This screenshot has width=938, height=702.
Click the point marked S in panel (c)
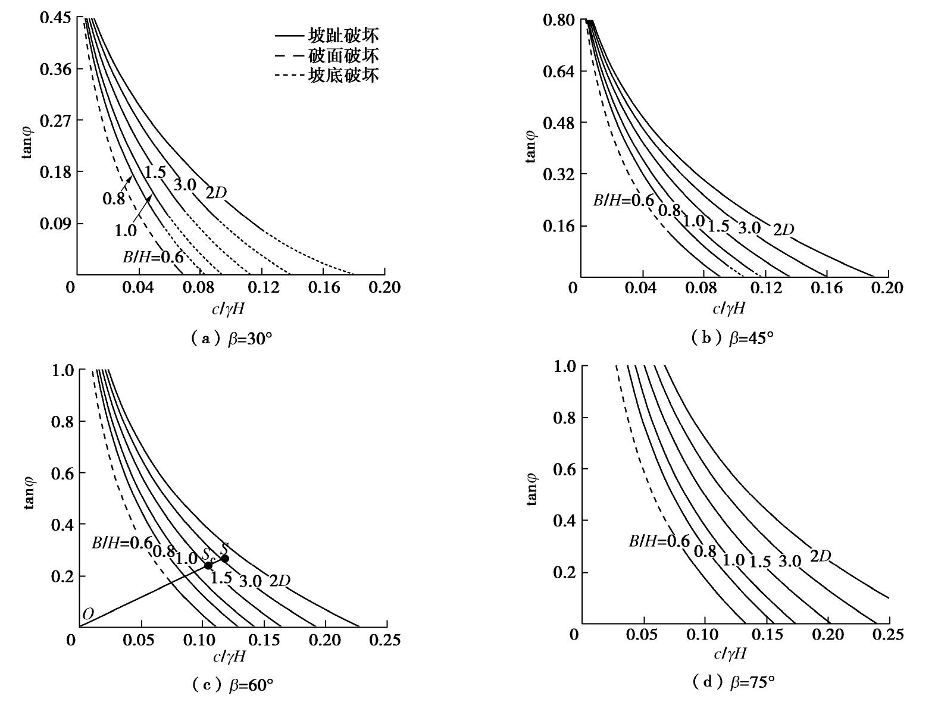tap(224, 558)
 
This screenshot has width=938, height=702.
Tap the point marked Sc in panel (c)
tap(208, 565)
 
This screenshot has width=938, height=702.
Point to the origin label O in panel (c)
tap(87, 614)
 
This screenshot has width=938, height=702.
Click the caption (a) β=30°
tap(232, 339)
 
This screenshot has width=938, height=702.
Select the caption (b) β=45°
tap(733, 338)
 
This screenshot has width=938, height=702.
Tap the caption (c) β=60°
tap(233, 685)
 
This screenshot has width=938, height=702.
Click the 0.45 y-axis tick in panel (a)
tap(55, 18)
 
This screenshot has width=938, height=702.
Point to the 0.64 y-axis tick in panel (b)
tap(559, 71)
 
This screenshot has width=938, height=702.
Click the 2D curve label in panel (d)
tap(820, 556)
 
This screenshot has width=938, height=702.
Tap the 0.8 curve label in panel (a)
tap(114, 198)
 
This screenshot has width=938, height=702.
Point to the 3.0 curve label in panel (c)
tap(251, 581)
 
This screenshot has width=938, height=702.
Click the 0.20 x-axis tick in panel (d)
tap(828, 634)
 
